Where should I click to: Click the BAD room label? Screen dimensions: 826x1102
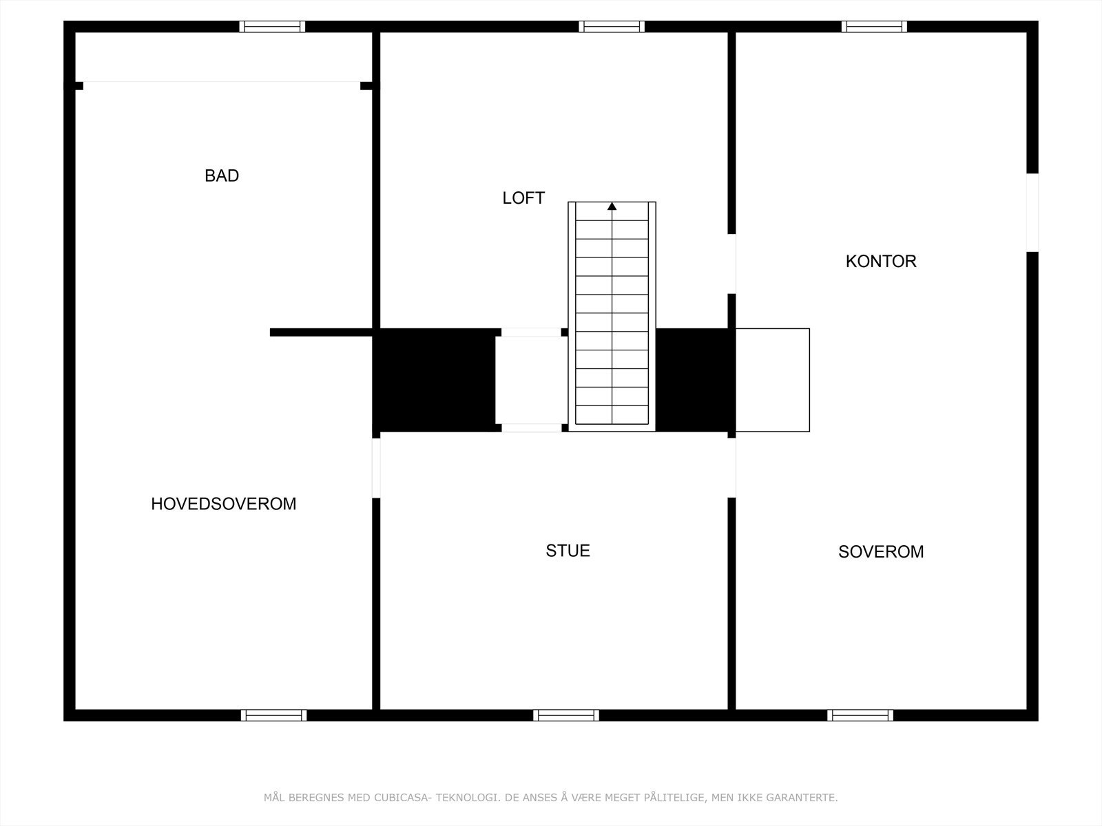tap(222, 176)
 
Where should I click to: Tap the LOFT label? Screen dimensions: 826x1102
tap(523, 198)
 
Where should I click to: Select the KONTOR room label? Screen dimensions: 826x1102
tap(881, 262)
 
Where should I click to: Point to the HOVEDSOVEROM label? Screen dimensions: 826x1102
tap(223, 504)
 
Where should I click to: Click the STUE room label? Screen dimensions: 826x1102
tap(568, 551)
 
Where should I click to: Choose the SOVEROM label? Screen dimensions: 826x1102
tap(881, 552)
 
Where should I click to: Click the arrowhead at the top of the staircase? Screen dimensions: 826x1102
tap(612, 206)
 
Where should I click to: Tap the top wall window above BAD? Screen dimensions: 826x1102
tap(272, 27)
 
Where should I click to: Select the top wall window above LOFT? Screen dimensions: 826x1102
tap(612, 27)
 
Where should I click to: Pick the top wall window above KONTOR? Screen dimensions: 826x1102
tap(874, 27)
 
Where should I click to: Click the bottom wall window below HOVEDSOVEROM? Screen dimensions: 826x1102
tap(273, 715)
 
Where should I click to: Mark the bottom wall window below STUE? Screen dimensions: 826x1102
tap(566, 715)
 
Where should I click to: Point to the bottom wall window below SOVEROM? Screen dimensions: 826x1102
tap(860, 715)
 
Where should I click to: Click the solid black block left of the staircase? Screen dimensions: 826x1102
tap(434, 380)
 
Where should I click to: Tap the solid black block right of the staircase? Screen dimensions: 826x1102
tap(692, 380)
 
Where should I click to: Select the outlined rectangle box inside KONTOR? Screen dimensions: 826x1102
tap(773, 380)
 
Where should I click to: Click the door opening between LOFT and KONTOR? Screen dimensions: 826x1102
tap(731, 264)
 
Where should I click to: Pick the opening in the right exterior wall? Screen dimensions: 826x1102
tap(1032, 212)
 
